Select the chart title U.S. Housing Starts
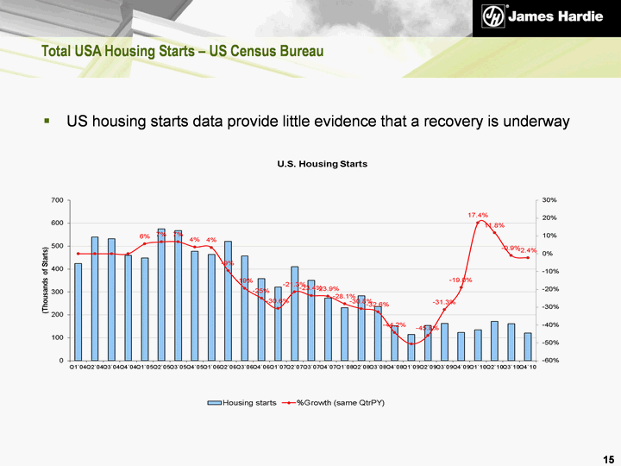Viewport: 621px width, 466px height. click(322, 164)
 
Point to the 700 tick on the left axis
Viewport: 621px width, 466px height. click(57, 200)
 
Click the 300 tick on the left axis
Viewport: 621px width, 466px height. click(57, 292)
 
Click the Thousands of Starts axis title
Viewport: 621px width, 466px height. click(45, 280)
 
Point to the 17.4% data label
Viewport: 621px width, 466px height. click(478, 215)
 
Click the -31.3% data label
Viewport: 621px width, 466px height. click(444, 302)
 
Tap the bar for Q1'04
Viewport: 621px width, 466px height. click(78, 312)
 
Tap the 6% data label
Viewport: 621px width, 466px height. click(144, 236)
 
